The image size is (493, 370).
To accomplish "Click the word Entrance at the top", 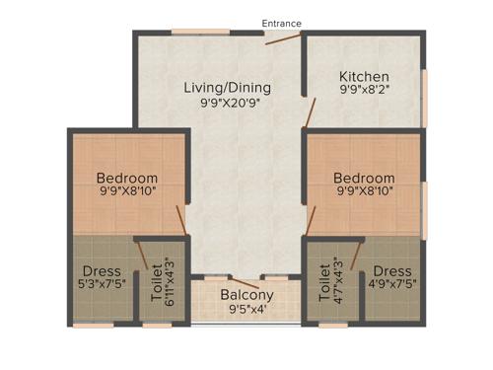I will [x=282, y=23].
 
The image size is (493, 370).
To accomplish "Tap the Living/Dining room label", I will [x=227, y=87].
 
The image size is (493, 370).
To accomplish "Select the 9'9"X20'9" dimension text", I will [x=227, y=102].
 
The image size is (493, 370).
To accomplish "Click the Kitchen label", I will [x=364, y=77].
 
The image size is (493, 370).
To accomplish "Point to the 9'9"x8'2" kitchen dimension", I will [x=364, y=92].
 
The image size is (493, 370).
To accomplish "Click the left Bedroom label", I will [x=127, y=177].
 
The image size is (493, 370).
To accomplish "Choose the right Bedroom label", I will [x=365, y=177].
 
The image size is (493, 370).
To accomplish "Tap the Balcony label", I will [x=246, y=295].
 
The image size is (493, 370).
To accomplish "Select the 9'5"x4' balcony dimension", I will [x=246, y=310].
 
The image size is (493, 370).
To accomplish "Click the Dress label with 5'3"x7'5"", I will [x=103, y=271].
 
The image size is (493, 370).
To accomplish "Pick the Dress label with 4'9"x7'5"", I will [x=391, y=271].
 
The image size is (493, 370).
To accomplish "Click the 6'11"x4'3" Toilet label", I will [x=155, y=279].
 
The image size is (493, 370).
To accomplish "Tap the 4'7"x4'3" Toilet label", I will [x=325, y=279].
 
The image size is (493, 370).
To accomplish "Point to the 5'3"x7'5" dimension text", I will [x=103, y=286].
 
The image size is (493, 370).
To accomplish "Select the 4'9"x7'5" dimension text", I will [x=391, y=286].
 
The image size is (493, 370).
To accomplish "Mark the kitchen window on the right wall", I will [x=425, y=98].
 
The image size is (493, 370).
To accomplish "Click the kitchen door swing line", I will [x=309, y=112].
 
